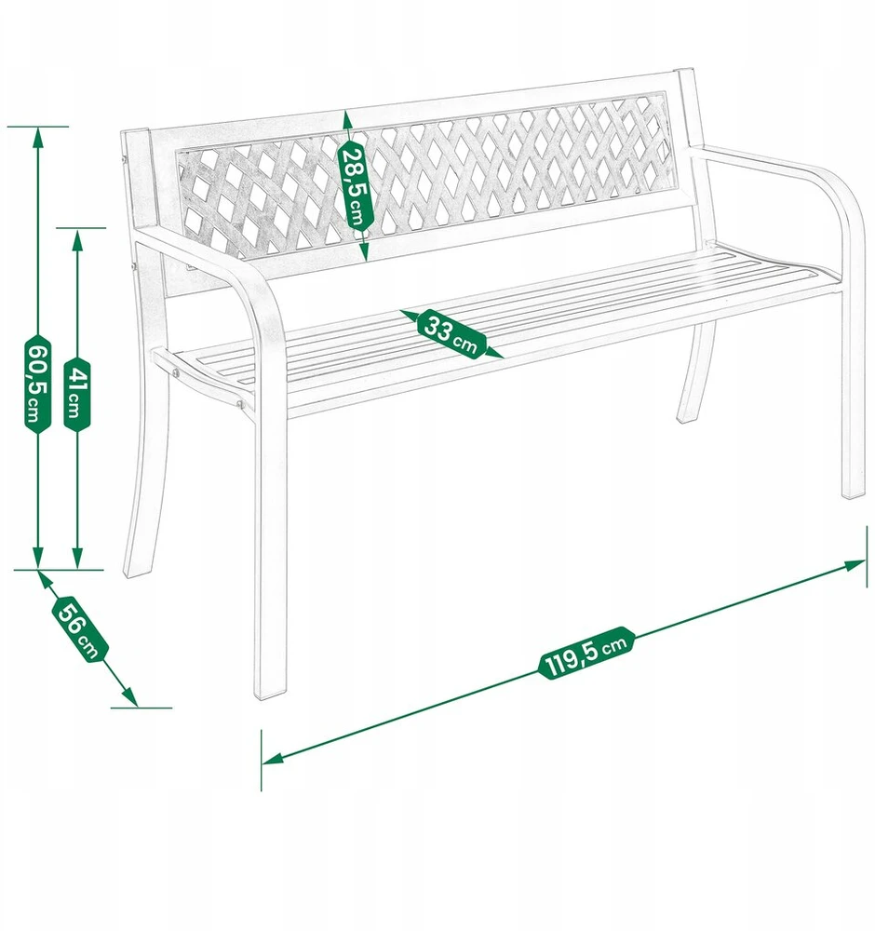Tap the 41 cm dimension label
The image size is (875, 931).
coord(77,393)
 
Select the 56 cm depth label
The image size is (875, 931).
coord(81,628)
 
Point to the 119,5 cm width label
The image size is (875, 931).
coord(586,653)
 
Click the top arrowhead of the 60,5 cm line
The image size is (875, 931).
coord(37,138)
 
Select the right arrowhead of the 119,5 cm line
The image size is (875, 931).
coord(855,565)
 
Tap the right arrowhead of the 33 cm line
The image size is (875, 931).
coord(494,353)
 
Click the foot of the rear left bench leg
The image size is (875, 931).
coord(133,572)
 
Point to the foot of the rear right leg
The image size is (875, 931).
coord(686,418)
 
